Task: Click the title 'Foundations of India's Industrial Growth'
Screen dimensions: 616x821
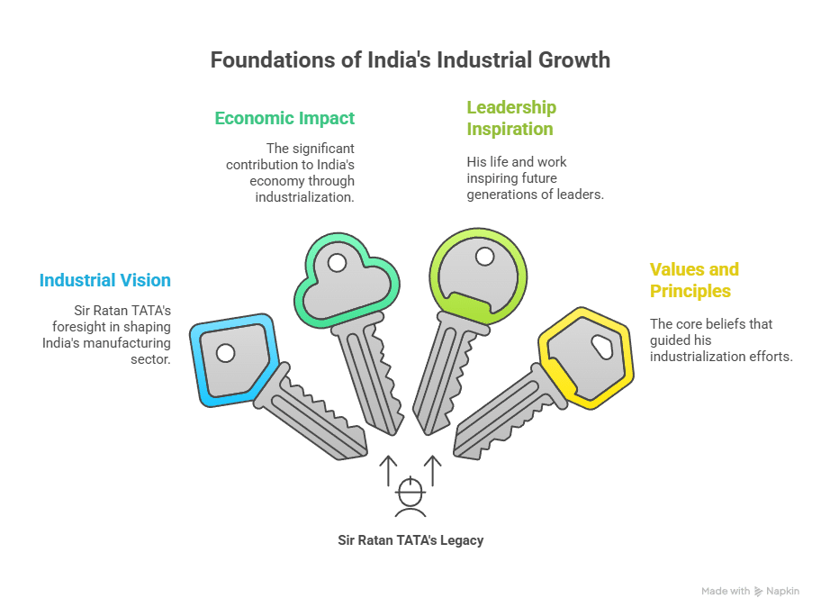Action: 410,60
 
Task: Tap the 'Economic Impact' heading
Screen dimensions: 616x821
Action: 284,118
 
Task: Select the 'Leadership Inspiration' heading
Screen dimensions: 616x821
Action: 510,118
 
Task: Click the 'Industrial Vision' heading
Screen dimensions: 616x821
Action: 104,280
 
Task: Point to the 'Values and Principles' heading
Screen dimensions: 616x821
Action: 694,280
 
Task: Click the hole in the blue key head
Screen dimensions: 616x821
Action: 225,352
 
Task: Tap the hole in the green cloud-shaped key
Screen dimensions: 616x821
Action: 337,263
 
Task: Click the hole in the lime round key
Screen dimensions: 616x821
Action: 484,258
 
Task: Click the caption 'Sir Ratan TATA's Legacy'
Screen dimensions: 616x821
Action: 410,540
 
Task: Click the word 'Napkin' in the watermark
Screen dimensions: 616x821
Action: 782,591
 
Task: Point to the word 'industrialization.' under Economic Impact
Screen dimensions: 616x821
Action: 304,196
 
